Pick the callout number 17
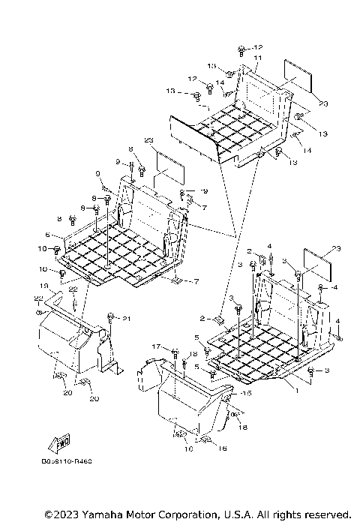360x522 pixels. [156, 346]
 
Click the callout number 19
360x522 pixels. [44, 286]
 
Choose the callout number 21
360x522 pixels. [127, 319]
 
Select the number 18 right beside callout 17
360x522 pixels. [192, 353]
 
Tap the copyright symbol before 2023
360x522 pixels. [49, 514]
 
